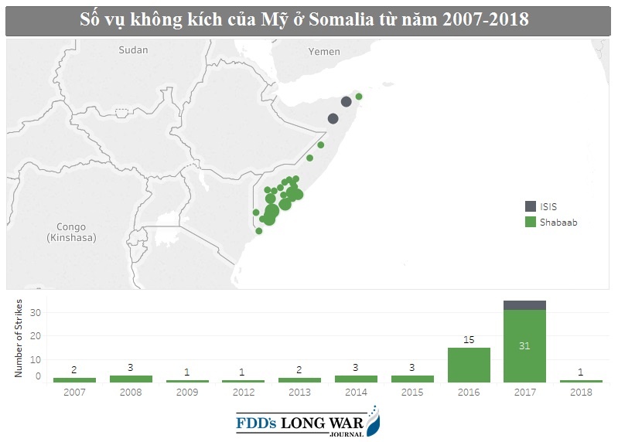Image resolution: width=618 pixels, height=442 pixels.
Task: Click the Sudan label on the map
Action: point(132,50)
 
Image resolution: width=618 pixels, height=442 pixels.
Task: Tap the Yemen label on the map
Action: point(324,52)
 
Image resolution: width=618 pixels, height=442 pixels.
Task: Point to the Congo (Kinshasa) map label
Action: point(71,233)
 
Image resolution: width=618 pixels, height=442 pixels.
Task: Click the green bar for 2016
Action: point(469,365)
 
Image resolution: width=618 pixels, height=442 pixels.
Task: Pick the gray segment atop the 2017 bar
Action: point(524,305)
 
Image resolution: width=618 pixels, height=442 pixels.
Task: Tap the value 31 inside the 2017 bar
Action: point(524,345)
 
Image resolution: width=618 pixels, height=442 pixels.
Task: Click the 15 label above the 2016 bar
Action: point(469,340)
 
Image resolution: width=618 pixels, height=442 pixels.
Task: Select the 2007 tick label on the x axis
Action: point(75,392)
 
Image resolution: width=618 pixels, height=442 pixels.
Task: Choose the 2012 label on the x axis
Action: point(243,392)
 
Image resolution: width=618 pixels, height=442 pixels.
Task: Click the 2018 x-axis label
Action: point(580,392)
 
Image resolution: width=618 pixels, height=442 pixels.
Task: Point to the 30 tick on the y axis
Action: point(34,312)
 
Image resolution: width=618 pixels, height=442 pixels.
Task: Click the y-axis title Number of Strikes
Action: point(17,339)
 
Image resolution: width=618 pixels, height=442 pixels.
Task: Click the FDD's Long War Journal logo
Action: point(308,423)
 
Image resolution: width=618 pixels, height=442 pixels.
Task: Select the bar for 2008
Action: point(131,379)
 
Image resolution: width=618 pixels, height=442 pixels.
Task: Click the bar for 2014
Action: point(356,379)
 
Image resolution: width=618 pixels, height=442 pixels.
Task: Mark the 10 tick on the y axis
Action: point(34,359)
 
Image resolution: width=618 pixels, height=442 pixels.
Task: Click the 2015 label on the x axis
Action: point(412,392)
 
